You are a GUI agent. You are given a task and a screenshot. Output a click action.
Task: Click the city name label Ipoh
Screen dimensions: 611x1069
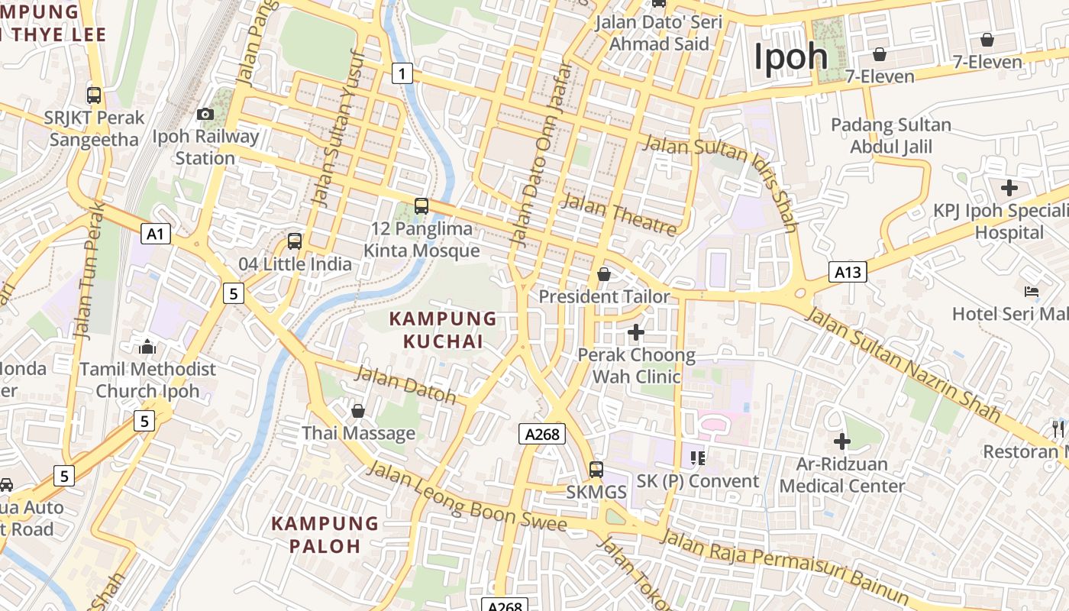tap(791, 57)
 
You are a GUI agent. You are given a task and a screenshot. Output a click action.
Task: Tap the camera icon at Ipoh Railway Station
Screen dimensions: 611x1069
tap(205, 115)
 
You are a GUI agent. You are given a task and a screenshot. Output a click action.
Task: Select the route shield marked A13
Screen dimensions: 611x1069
tap(848, 272)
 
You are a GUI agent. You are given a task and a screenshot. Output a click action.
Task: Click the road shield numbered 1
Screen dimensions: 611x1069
tap(402, 73)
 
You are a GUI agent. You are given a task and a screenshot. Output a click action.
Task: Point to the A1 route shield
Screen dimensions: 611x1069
tap(155, 234)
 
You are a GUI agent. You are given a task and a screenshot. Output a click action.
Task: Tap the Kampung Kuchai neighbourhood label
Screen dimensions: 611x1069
tap(443, 330)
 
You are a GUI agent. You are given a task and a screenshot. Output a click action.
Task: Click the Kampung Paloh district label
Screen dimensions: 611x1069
tap(325, 535)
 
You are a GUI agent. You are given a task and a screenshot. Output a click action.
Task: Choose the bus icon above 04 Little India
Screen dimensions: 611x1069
tap(295, 241)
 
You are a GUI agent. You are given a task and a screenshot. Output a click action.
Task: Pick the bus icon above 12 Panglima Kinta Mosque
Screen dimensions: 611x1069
tap(421, 206)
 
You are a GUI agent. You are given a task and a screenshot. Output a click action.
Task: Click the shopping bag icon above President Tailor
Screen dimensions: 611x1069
tap(604, 273)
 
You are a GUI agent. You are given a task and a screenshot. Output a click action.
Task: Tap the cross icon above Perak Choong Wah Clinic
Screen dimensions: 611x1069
tap(635, 332)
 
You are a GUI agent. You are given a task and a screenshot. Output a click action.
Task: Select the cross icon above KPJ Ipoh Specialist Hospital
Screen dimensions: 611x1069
tap(1009, 188)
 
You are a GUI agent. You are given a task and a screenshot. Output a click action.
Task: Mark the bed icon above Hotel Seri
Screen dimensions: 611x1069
tap(1031, 292)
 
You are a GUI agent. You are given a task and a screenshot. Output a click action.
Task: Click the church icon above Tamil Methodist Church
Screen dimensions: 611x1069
tap(147, 347)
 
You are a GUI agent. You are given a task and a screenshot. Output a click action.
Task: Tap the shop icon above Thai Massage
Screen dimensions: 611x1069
tap(357, 411)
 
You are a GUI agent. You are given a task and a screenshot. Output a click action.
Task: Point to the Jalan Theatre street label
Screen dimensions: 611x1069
tap(619, 215)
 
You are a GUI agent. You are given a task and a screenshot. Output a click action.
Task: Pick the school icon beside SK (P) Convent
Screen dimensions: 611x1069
tap(697, 457)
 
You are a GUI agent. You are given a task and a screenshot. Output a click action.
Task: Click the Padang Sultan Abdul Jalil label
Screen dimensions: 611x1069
tap(891, 135)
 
